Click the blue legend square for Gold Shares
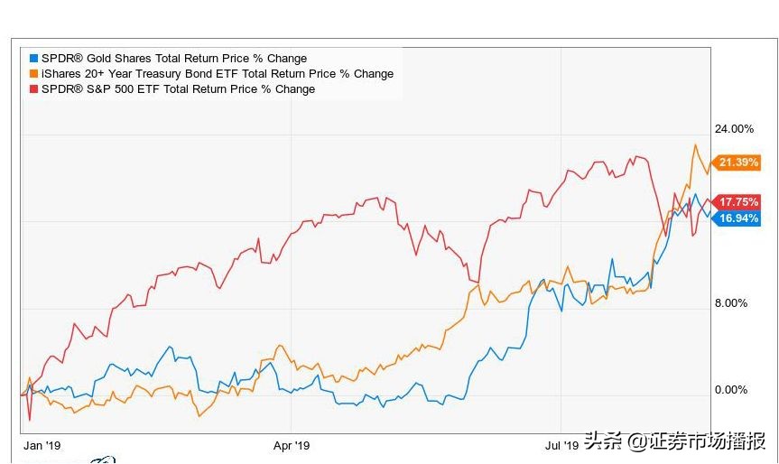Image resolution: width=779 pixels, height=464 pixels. [34, 59]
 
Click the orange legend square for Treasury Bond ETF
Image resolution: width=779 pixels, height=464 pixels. [34, 74]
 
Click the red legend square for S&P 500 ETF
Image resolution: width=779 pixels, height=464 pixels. [34, 89]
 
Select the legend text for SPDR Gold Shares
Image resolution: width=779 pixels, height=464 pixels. [173, 59]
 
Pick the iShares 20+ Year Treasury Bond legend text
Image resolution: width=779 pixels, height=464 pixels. [217, 74]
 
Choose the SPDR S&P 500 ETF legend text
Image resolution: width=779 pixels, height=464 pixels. [178, 89]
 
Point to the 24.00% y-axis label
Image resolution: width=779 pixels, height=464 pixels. [733, 129]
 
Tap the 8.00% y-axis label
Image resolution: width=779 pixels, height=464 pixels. [731, 303]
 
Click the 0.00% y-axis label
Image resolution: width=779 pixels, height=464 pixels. [731, 390]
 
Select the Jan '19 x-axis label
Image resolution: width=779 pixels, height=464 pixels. [42, 445]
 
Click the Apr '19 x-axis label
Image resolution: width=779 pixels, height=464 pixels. [292, 445]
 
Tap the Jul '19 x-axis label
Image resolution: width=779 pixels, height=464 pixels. [561, 445]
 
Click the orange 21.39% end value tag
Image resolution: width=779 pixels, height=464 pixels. [737, 162]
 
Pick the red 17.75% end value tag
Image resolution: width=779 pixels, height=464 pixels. [737, 202]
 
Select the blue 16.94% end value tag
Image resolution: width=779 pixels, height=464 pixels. [737, 218]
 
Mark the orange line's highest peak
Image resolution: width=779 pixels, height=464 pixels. [695, 145]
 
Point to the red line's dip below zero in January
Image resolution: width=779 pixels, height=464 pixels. [30, 418]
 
